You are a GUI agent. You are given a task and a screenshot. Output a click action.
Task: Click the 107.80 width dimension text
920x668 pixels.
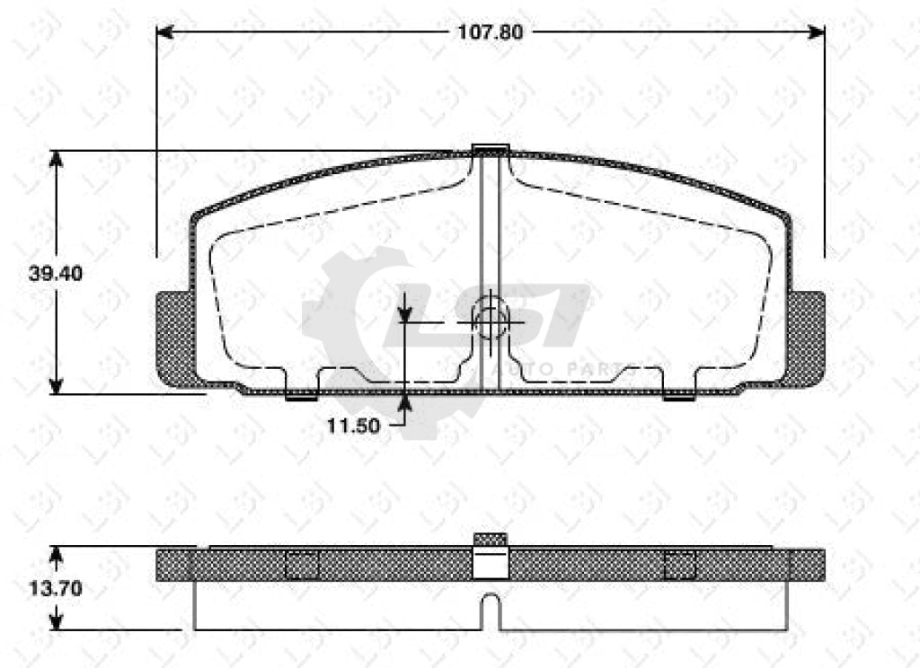point(491,31)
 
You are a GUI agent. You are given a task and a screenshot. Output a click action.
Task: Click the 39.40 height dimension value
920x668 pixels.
point(56,274)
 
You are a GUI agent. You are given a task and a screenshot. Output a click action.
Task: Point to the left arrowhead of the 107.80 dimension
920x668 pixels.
point(164,31)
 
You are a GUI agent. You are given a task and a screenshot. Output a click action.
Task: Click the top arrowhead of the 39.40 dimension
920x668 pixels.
point(57,159)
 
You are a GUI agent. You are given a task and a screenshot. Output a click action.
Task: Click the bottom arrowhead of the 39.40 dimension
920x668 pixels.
point(57,386)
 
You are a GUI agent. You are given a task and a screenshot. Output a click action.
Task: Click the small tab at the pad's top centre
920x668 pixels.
point(491,149)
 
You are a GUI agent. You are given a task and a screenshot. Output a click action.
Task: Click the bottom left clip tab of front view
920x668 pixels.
point(301,395)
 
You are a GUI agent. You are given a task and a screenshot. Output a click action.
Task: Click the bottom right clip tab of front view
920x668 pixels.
point(679,395)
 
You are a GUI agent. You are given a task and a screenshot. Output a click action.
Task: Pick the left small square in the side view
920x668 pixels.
point(302,566)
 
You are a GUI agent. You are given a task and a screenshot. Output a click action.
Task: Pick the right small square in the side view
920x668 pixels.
point(679,566)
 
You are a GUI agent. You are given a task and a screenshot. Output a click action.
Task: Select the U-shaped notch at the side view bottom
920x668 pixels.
point(491,612)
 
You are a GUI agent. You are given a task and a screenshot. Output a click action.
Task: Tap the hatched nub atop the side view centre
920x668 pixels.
point(491,539)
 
